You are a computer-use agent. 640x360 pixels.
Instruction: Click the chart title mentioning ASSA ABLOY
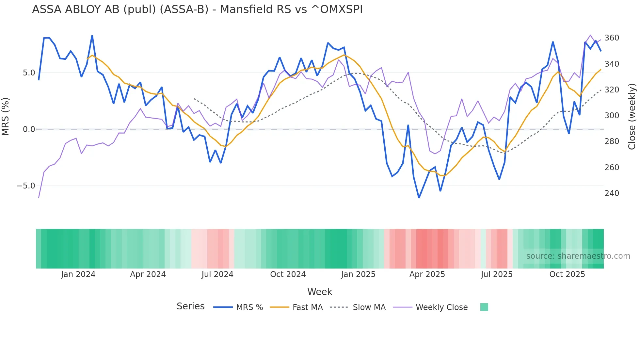point(197,9)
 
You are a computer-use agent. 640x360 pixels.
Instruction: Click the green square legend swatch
point(484,307)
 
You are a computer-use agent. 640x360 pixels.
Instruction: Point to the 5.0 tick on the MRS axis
point(29,73)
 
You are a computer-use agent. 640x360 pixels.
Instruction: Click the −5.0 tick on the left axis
point(26,186)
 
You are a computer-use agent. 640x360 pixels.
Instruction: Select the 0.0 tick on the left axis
point(29,129)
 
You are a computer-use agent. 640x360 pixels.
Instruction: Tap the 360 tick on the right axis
point(612,38)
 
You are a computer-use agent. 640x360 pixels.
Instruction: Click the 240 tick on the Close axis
point(612,193)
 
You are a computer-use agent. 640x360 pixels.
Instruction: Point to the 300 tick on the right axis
point(612,116)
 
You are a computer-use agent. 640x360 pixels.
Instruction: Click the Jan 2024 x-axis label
point(78,274)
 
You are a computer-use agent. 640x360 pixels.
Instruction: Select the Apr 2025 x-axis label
point(427,274)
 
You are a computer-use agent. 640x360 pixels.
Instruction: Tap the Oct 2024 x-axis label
point(288,274)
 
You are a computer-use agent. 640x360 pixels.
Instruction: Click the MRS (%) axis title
point(6,116)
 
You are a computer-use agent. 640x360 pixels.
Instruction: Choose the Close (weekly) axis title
point(632,116)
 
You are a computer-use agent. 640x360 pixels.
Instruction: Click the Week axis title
point(320,292)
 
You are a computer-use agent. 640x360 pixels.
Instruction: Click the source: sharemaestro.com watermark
point(578,256)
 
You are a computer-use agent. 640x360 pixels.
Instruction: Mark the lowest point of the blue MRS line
point(419,198)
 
